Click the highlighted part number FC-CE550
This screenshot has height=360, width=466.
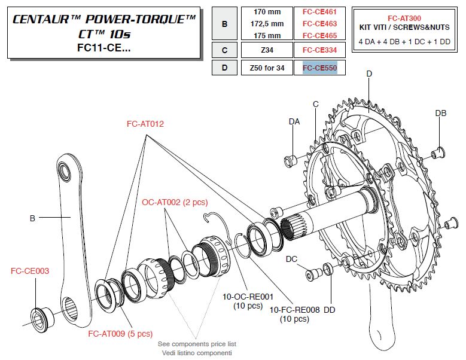(320, 68)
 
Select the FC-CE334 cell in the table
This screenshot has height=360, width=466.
(320, 50)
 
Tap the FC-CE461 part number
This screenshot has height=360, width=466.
(320, 12)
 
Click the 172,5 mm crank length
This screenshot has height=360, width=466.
(267, 23)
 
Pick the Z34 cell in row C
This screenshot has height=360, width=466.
(267, 50)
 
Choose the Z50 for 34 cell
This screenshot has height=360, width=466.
(267, 68)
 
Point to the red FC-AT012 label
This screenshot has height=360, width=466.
(145, 124)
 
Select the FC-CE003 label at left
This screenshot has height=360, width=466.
(30, 271)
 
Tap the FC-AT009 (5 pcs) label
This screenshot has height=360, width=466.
(120, 333)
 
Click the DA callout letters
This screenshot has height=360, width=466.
(294, 121)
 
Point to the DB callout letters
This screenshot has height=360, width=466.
(440, 113)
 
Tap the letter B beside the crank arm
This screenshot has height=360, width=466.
(32, 218)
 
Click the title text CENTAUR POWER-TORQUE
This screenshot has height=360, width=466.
(105, 19)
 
